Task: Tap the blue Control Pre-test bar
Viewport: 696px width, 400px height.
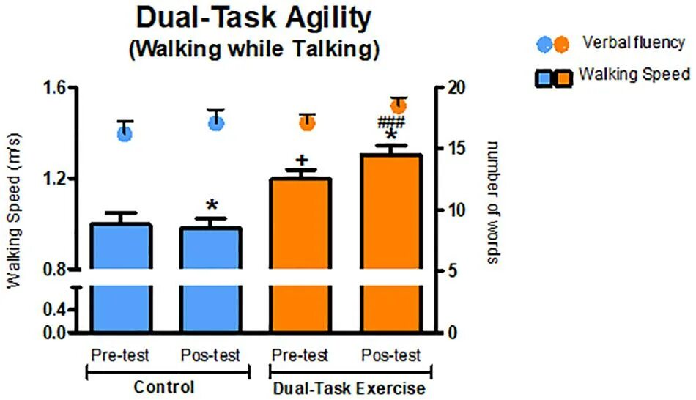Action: tap(120, 278)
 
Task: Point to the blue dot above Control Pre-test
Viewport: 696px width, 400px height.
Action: tap(125, 133)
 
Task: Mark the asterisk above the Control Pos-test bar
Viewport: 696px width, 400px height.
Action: tap(212, 206)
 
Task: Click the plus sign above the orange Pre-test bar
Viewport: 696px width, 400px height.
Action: tap(300, 160)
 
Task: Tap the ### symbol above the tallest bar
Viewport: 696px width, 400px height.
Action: tap(394, 122)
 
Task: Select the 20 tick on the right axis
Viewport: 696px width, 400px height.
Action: tap(455, 88)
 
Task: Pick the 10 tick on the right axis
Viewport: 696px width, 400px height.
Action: tap(455, 210)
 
